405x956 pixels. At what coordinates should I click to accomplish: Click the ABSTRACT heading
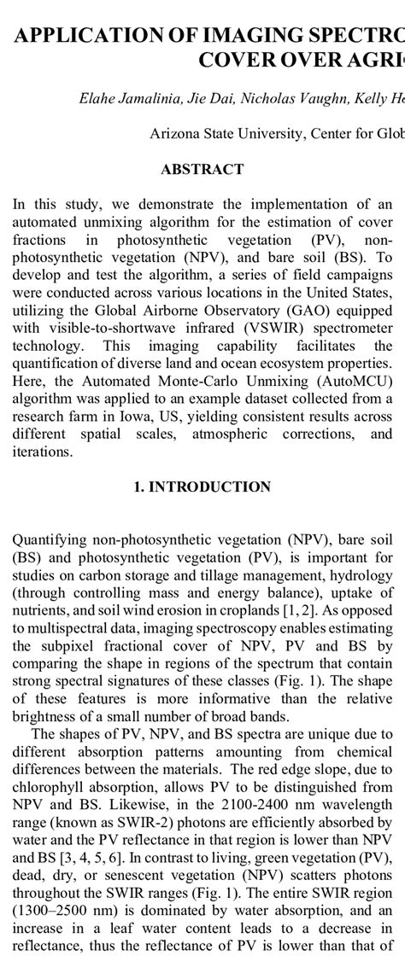tap(202, 170)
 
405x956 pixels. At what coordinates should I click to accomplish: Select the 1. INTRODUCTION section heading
tap(202, 487)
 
